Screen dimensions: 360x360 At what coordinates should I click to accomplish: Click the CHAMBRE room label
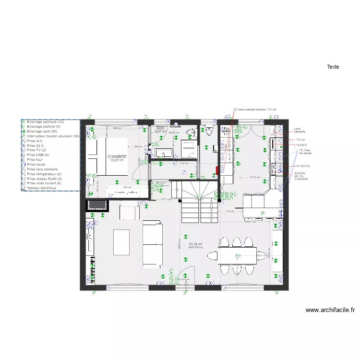pos(117,156)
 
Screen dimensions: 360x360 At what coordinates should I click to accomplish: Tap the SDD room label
pos(160,128)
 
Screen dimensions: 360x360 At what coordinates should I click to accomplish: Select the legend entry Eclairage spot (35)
pos(42,131)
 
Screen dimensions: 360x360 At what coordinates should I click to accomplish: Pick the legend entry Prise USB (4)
pos(38,155)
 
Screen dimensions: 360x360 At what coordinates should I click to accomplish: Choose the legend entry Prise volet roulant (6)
pos(44,183)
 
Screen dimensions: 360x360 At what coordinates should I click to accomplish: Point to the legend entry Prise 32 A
pos(36,145)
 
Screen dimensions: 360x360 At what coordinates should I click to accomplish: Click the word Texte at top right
pos(333,67)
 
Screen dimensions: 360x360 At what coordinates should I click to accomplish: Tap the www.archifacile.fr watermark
pos(330,310)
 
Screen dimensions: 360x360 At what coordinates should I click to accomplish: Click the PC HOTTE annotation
pos(302,166)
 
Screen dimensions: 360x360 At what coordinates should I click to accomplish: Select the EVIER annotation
pos(302,144)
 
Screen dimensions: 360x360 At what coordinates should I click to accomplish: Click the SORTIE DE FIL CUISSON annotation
pos(301,175)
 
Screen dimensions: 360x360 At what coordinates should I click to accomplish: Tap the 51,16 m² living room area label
pos(195,244)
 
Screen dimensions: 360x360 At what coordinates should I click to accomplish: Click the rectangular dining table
pos(237,255)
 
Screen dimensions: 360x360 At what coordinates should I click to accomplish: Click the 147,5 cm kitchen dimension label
pos(254,177)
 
